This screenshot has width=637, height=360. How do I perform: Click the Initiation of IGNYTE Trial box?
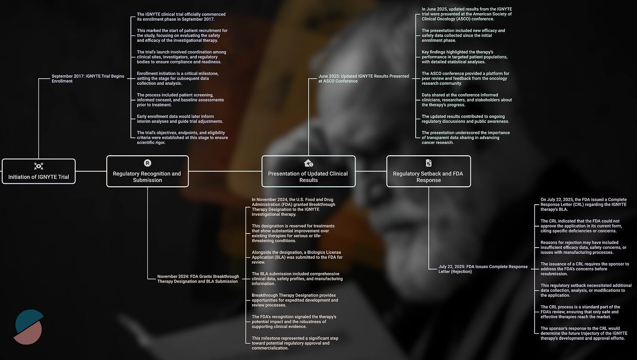pos(38,171)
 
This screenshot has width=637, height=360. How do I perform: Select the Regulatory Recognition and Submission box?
pos(147,171)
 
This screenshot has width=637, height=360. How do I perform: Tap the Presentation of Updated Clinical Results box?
pos(308,171)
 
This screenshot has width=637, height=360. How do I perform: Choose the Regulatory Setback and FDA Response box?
pos(428,171)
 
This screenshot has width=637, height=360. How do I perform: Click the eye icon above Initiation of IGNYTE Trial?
pos(38,166)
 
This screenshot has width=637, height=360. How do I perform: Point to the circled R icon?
pos(147,163)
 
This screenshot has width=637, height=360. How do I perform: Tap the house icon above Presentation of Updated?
pos(308,163)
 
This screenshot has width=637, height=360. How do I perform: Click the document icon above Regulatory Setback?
pos(428,163)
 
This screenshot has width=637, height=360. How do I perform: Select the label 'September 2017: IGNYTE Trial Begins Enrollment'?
pos(87,79)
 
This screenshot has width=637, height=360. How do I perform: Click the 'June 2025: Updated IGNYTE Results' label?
pos(364,79)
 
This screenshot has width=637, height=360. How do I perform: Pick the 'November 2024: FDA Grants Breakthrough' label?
pos(198,279)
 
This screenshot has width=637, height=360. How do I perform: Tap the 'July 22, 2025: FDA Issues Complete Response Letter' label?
pos(483,269)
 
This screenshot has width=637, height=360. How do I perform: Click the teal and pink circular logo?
pos(29,327)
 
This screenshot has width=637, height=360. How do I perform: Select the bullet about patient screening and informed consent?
pos(180,100)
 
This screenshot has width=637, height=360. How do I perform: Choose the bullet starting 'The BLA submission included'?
pos(297,279)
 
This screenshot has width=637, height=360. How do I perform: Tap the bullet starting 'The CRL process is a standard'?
pos(580,312)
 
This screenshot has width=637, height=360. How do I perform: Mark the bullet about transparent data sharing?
pos(465,137)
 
